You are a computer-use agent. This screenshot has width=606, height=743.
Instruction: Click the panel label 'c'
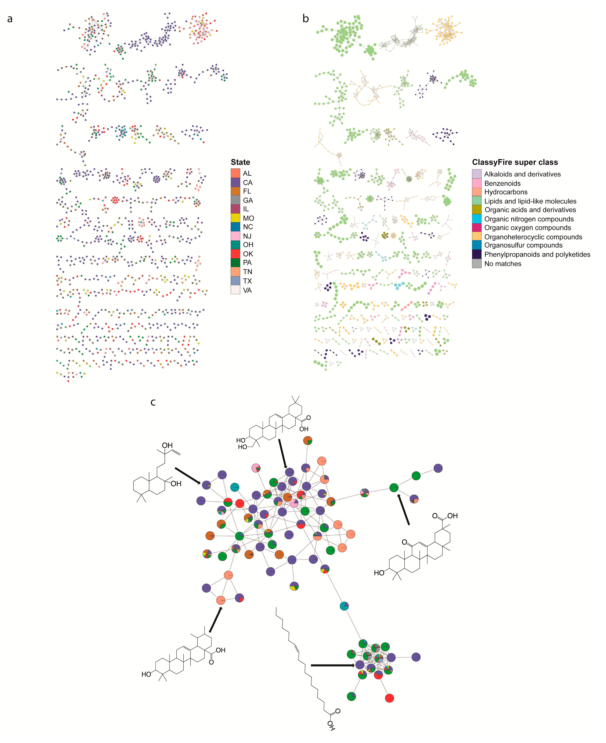coord(153,402)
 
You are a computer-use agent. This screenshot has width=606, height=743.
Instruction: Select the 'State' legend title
coord(240,162)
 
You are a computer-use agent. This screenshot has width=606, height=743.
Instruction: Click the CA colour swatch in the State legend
coord(235,182)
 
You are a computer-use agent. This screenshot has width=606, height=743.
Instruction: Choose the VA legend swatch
coord(235,290)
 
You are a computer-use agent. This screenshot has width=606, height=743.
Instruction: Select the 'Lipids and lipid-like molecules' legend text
coord(530,201)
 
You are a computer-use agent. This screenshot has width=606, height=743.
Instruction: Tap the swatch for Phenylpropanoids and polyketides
coord(476,254)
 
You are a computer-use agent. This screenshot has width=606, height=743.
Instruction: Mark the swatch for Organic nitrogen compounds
coord(476,219)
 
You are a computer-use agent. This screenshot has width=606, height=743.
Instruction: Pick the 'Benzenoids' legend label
coord(502,183)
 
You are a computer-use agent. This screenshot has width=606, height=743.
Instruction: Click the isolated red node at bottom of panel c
coord(389,698)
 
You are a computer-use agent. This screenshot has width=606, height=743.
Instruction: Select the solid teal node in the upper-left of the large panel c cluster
coord(235,487)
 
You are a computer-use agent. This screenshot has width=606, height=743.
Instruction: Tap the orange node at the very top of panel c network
coord(307,440)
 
